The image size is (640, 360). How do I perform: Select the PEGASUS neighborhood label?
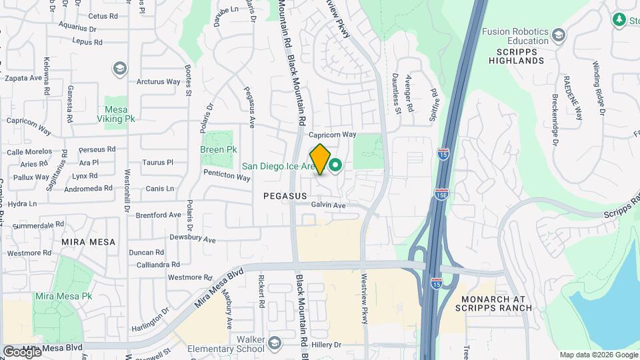pos(285,197)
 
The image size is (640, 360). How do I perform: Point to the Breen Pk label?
pos(219,150)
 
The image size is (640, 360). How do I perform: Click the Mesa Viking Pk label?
pos(119,114)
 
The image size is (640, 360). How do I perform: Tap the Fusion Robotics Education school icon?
pos(559,35)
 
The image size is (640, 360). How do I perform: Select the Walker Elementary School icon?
pos(274,344)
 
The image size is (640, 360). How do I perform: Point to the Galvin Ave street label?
pos(329,206)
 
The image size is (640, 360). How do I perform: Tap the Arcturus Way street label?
pos(159,82)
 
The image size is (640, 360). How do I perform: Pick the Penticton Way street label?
pos(227,175)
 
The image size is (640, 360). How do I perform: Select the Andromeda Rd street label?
pos(89,189)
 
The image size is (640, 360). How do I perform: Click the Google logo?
pos(22,351)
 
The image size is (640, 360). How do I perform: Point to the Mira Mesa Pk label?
pos(63,296)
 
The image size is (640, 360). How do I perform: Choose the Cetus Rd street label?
pos(102,16)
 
